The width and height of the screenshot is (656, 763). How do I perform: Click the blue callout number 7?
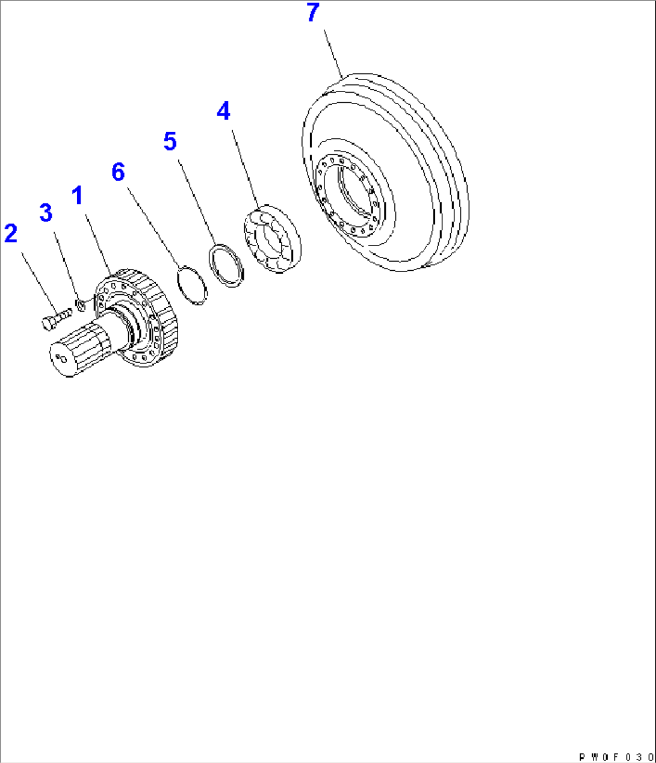pyautogui.click(x=313, y=12)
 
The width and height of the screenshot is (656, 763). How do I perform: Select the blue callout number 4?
pyautogui.click(x=223, y=111)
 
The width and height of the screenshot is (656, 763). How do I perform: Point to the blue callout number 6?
pyautogui.click(x=118, y=172)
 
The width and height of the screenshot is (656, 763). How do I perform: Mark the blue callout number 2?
pyautogui.click(x=11, y=233)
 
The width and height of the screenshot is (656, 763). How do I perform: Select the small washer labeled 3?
pyautogui.click(x=81, y=305)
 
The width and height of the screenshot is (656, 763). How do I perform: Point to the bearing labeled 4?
pyautogui.click(x=273, y=239)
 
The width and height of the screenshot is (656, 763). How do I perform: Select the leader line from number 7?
pyautogui.click(x=333, y=54)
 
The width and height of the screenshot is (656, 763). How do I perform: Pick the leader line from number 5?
pyautogui.click(x=197, y=202)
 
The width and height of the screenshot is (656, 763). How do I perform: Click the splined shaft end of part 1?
pyautogui.click(x=79, y=349)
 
